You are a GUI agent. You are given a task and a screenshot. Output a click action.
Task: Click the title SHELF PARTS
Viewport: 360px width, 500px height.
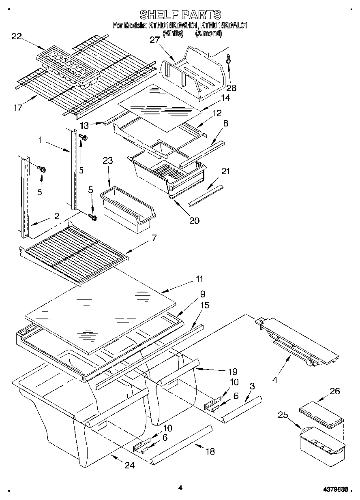(180, 15)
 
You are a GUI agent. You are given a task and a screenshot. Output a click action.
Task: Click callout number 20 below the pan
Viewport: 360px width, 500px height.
(195, 220)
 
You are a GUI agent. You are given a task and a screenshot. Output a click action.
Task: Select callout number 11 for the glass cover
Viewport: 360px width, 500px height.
(199, 279)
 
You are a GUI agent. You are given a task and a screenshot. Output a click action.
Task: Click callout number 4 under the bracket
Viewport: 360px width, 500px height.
(276, 380)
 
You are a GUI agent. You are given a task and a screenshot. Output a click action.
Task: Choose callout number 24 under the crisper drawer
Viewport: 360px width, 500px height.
(129, 466)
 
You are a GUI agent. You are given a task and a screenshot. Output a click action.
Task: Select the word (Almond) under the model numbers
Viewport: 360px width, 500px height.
(208, 34)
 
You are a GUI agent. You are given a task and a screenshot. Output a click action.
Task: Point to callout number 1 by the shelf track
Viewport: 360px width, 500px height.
(40, 141)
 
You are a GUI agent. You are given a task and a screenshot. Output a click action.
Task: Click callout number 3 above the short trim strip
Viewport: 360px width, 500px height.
(252, 387)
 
